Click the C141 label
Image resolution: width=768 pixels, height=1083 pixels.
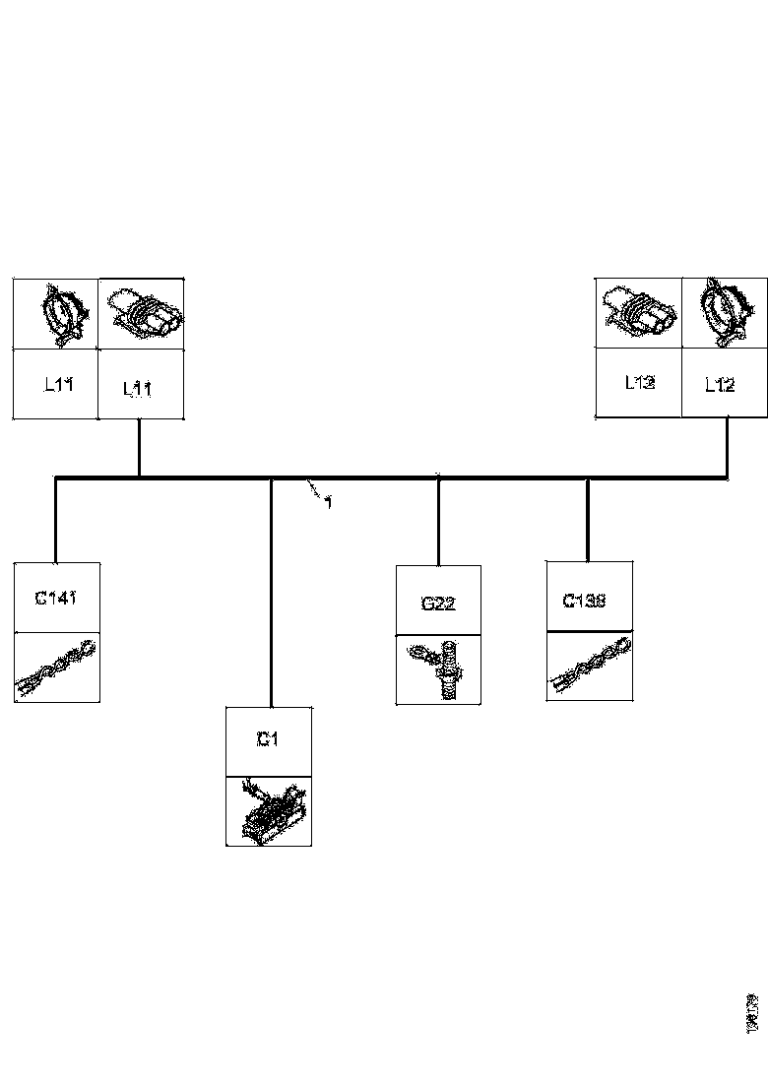point(55,597)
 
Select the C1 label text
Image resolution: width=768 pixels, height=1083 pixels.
point(268,739)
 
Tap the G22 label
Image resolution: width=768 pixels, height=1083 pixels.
point(437,604)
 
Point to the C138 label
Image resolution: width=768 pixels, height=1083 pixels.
point(584,600)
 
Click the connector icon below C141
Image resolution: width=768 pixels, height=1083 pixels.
point(57,667)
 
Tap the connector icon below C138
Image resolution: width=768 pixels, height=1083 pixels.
point(589,666)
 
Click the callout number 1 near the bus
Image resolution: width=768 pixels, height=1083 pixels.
point(328,502)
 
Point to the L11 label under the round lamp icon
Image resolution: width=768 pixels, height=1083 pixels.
point(56,384)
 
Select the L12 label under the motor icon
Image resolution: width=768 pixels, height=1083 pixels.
point(639,382)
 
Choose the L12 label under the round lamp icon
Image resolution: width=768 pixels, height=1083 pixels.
point(720,385)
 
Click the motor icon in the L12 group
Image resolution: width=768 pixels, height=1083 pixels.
point(638,312)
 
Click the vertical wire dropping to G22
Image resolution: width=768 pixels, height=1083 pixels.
point(438,522)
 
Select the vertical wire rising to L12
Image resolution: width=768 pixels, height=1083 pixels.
point(727,448)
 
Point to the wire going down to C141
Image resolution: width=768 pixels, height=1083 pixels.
point(55,520)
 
